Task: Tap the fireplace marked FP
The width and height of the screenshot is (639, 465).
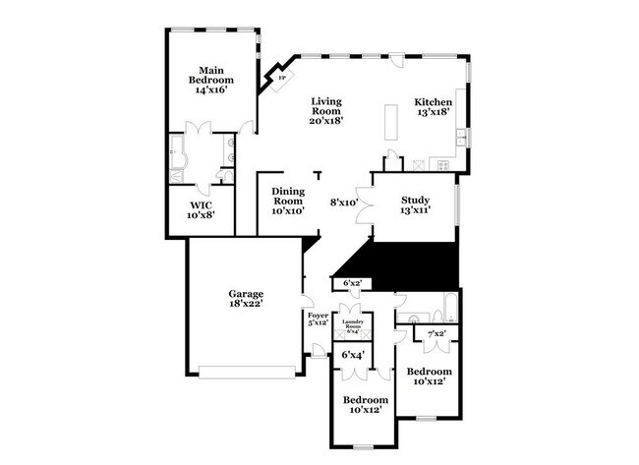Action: [x=283, y=76]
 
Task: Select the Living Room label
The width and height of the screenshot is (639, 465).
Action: [x=327, y=110]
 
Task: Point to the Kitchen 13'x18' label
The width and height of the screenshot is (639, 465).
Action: [x=433, y=107]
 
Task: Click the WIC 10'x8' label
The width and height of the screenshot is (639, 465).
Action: [x=201, y=207]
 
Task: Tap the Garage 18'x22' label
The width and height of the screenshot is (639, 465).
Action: [x=246, y=300]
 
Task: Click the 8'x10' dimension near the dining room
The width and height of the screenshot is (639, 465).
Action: [x=344, y=203]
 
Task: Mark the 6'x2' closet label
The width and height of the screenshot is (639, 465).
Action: [x=352, y=284]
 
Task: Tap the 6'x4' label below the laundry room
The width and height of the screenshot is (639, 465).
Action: [x=352, y=354]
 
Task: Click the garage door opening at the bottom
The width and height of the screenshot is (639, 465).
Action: [x=246, y=371]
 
